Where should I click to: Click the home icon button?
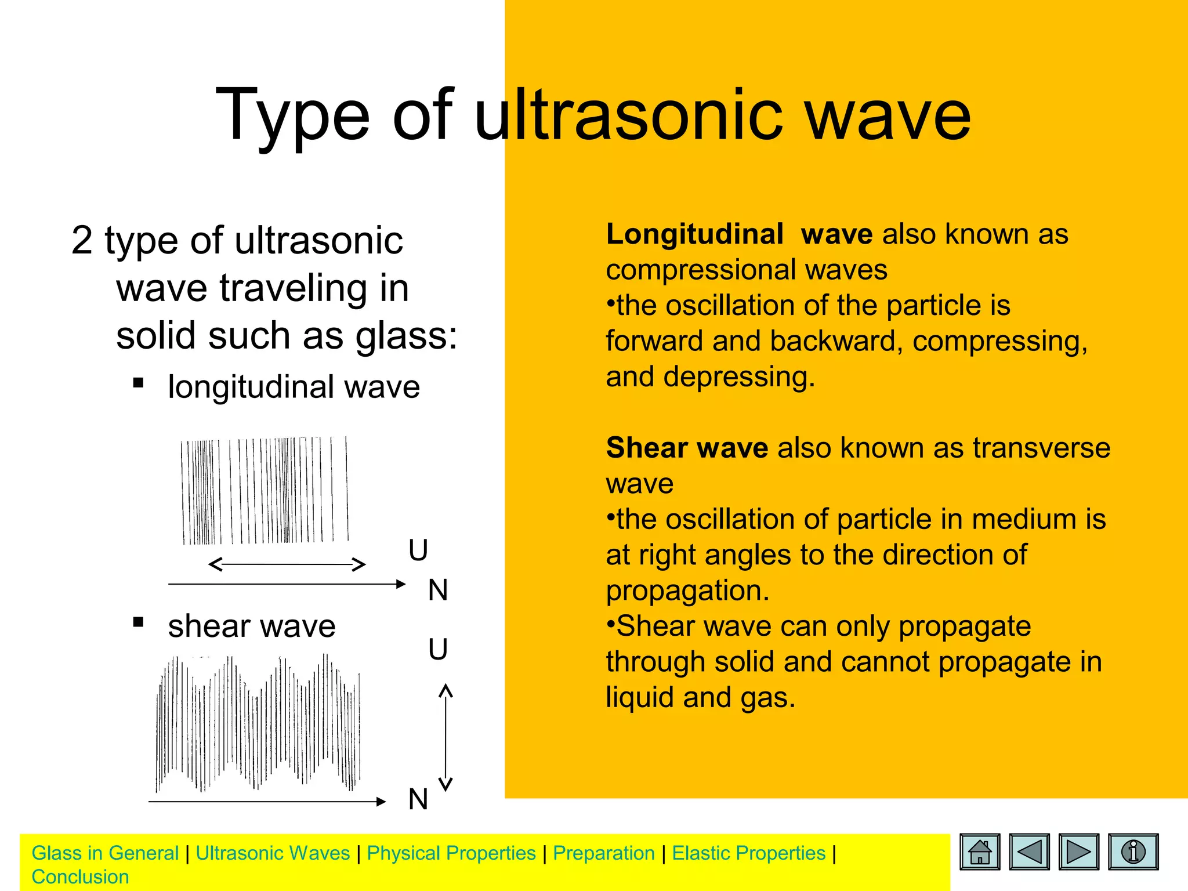[x=980, y=852]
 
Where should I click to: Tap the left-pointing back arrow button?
[x=1029, y=852]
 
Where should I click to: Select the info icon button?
[x=1133, y=852]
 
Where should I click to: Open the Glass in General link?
[x=105, y=853]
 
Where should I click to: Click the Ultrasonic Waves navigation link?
[x=273, y=853]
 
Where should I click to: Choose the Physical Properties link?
[x=451, y=853]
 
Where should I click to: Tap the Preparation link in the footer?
[x=604, y=853]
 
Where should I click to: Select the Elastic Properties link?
[x=748, y=853]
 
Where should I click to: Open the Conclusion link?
[x=80, y=876]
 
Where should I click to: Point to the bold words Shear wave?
[x=687, y=448]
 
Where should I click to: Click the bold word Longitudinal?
[x=694, y=234]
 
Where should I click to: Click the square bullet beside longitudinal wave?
[x=138, y=383]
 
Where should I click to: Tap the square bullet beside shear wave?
[x=138, y=622]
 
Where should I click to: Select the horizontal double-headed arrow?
[x=287, y=564]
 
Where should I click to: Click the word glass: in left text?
[x=406, y=335]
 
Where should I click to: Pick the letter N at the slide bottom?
[x=418, y=799]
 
